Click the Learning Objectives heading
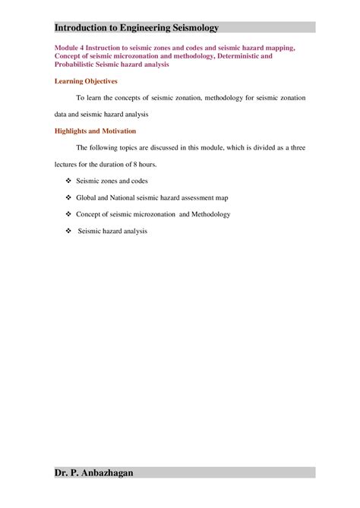87,80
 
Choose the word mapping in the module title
275,48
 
